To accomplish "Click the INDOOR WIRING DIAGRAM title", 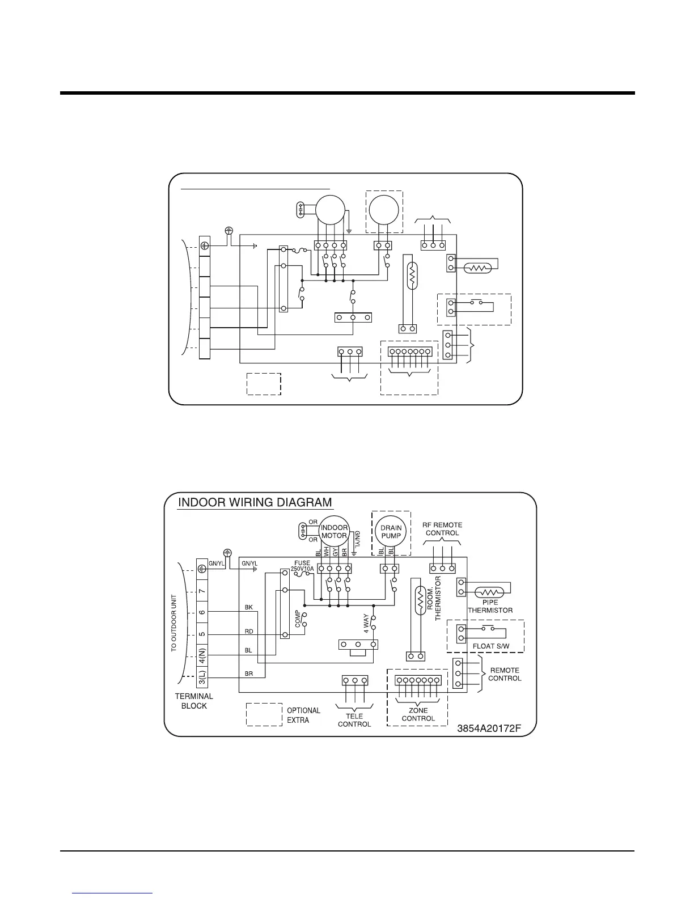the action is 255,502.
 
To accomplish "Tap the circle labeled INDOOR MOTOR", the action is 334,531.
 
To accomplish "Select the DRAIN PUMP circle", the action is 391,532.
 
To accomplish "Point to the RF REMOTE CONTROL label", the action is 442,529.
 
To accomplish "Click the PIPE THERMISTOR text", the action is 490,606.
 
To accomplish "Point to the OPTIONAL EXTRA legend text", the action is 303,715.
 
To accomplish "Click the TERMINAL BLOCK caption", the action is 194,701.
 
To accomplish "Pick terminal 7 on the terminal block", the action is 202,591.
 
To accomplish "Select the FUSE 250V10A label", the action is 302,566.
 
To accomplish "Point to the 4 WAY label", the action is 366,623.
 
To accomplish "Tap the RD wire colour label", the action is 248,631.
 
